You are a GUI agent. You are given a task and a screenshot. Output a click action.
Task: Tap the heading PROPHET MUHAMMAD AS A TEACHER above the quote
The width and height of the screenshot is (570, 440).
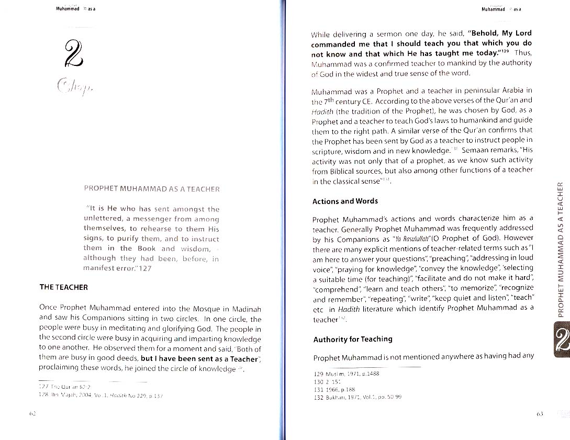[152, 189]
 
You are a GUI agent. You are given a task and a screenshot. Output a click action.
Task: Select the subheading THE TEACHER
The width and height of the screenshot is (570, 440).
[64, 287]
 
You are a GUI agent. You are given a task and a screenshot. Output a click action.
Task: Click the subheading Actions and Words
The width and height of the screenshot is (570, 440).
[345, 201]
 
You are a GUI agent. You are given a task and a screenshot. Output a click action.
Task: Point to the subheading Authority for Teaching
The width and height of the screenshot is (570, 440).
[353, 339]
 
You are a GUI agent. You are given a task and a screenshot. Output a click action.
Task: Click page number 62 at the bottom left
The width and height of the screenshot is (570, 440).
[32, 413]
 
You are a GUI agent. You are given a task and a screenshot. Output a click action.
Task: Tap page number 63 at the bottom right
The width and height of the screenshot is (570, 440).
[541, 413]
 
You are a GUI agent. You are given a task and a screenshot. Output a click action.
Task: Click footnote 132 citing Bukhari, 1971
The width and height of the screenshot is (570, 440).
[357, 397]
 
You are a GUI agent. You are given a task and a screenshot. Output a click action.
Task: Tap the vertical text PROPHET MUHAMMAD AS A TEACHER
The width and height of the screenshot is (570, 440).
[561, 249]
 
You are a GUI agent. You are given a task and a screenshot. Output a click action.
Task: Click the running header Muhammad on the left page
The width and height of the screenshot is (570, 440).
[67, 9]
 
